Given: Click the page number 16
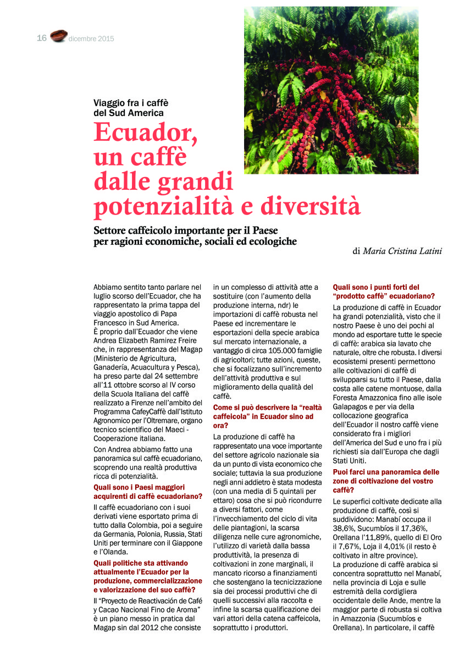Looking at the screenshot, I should pos(42,38).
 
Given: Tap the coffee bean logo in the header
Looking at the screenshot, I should pos(58,36).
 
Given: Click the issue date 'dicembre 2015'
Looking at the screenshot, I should pos(91,38).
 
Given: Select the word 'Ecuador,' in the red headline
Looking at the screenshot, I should pos(146,131).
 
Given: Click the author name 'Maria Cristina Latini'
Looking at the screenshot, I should pos(403,251).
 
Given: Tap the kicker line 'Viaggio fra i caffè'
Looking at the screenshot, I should pos(131,103).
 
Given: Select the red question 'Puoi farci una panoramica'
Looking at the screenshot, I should pos(386,472).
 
